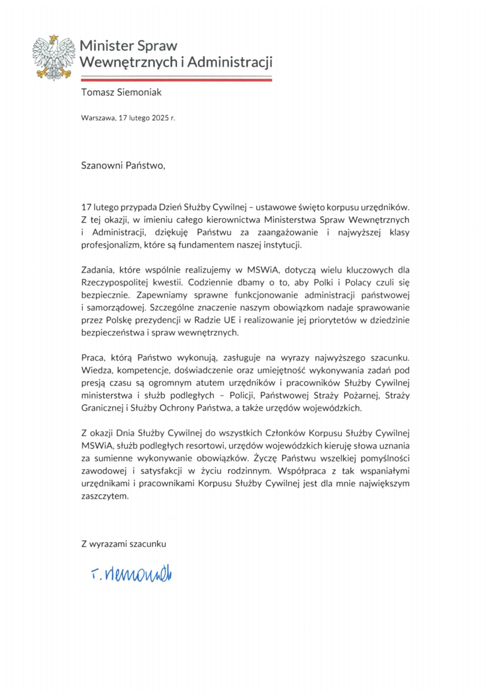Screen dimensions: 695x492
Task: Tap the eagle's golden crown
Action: [54, 37]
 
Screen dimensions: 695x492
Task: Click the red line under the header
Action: [176, 80]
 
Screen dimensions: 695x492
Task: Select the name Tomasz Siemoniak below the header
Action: [121, 92]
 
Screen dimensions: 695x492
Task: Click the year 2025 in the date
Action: [160, 118]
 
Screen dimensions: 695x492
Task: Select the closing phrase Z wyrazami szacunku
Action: [124, 544]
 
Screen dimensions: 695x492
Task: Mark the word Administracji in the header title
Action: [230, 62]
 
